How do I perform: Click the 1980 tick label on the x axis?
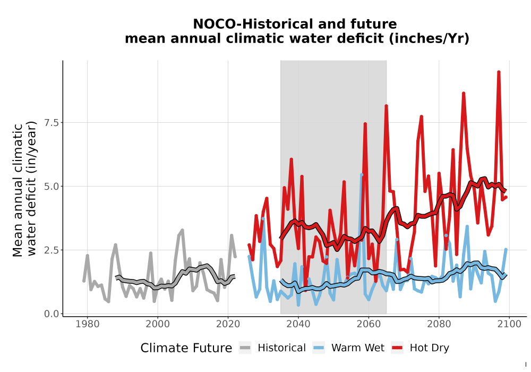[x=88, y=324]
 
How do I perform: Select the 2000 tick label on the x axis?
[x=158, y=324]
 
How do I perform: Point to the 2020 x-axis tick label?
[x=228, y=324]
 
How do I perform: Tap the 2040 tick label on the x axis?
[x=298, y=324]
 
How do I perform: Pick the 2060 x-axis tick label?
[x=369, y=324]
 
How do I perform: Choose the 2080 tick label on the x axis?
[x=439, y=324]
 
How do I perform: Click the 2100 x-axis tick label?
[x=509, y=324]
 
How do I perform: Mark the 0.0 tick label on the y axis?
[x=52, y=314]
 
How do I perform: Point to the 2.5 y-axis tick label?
[x=52, y=250]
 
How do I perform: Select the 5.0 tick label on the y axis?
[x=52, y=187]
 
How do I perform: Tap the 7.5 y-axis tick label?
[x=52, y=123]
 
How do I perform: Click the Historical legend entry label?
[x=281, y=348]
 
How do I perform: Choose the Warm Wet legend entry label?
[x=357, y=348]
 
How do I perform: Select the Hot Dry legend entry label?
[x=430, y=348]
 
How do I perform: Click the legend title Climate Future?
[x=186, y=348]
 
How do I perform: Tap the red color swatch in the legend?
[x=397, y=348]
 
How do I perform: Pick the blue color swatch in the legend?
[x=318, y=348]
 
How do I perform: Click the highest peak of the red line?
[x=499, y=72]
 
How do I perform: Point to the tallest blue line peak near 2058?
[x=361, y=175]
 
